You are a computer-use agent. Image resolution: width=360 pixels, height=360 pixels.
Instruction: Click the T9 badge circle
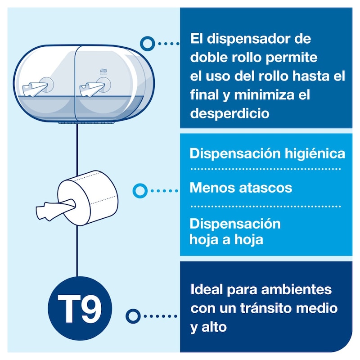point(80,308)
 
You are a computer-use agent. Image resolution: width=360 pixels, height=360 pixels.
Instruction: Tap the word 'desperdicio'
point(229,113)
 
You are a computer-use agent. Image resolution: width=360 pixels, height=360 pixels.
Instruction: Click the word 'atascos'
point(265,188)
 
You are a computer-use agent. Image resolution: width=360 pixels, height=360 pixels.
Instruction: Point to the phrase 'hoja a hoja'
point(226,240)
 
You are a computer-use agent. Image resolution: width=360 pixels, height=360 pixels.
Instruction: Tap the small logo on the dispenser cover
point(103,71)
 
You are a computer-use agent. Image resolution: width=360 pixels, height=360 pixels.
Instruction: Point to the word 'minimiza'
point(264,95)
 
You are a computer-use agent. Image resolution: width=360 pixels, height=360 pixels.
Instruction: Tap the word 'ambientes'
point(297,289)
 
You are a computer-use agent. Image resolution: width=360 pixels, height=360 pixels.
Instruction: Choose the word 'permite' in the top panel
point(291,58)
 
